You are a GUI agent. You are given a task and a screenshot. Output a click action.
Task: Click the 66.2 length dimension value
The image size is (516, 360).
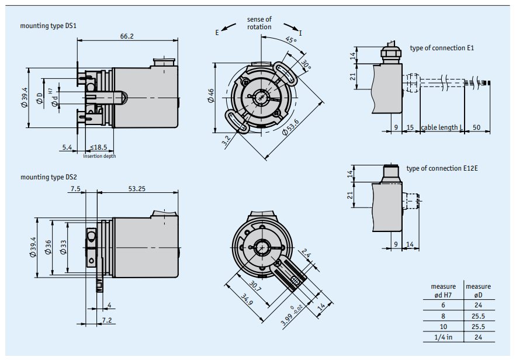coord(127,36)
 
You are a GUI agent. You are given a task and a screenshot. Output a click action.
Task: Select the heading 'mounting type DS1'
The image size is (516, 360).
coord(48,26)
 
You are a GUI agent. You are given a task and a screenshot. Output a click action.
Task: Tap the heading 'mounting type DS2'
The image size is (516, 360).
coord(49,177)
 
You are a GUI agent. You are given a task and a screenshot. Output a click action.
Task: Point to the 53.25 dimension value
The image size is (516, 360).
coord(137,189)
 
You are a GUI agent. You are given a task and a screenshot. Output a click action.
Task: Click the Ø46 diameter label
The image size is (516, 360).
coord(210,96)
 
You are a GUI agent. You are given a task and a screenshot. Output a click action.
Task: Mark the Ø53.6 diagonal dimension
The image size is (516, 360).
coord(290,127)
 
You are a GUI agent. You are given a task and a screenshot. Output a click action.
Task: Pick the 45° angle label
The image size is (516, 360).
coord(291,40)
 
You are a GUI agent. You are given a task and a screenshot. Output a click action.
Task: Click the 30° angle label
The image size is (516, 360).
coord(306,65)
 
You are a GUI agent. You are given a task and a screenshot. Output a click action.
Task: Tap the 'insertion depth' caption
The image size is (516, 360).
coord(99,156)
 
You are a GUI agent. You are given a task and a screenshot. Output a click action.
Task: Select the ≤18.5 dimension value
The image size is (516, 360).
coord(98,147)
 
